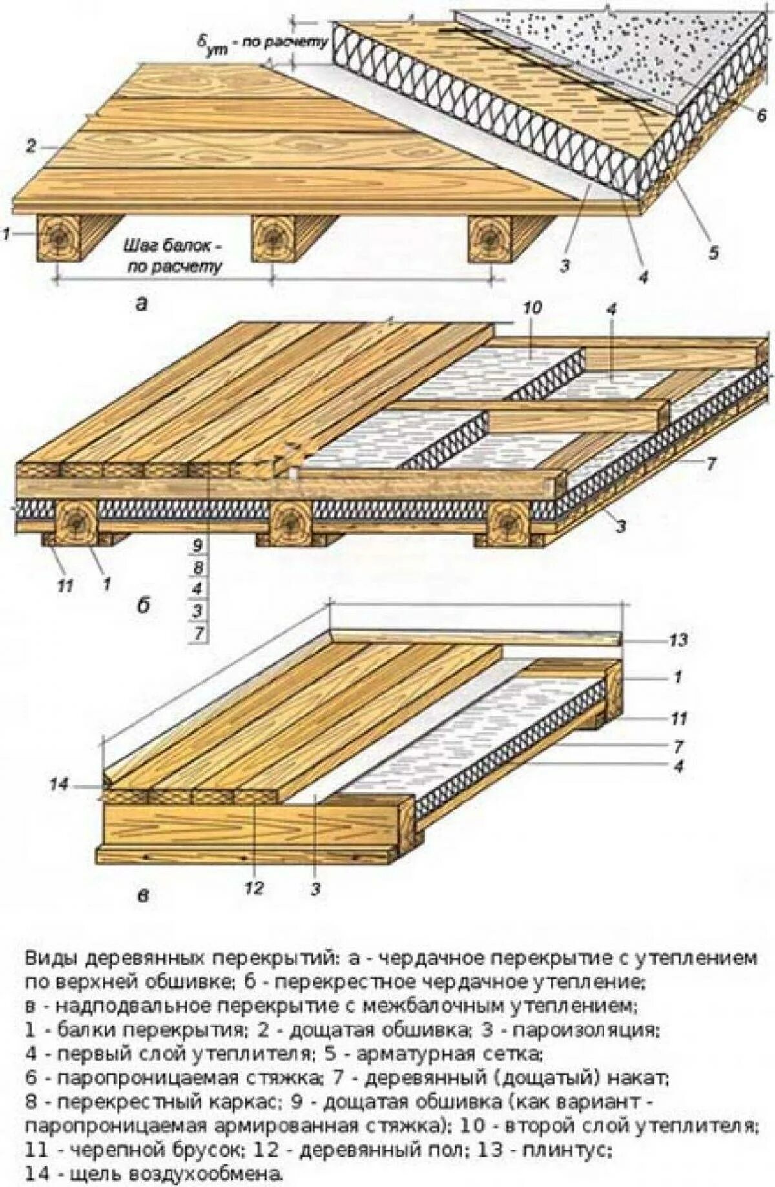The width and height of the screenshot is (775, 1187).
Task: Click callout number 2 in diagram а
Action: click(30, 146)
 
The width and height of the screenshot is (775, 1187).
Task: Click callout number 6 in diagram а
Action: click(761, 114)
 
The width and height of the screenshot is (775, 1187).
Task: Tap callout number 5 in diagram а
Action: click(712, 253)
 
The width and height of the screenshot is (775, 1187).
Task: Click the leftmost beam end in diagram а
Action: click(59, 238)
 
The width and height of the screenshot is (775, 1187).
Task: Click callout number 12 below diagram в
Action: click(254, 889)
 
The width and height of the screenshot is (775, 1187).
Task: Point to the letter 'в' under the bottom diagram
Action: click(143, 896)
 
